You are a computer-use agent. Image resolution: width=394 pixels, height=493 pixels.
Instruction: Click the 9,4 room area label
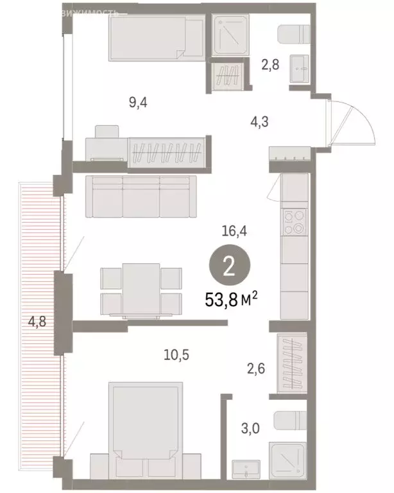[x=138, y=102]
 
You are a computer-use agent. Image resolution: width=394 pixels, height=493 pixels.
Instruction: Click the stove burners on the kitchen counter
[x=295, y=222]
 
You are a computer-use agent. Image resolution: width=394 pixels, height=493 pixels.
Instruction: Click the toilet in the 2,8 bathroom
[x=295, y=35]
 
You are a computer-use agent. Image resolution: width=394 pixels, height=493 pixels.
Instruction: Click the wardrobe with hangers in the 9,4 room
[x=166, y=152]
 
